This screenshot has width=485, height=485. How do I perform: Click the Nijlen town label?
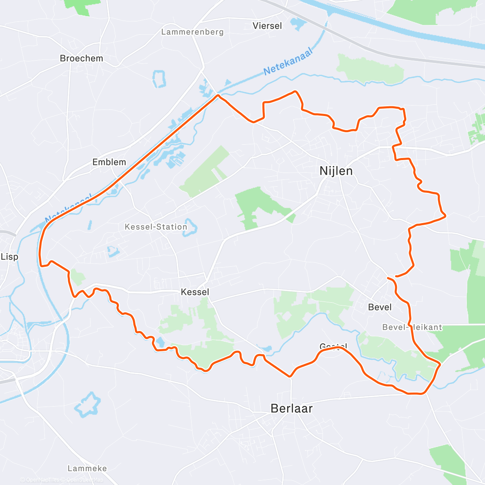coord(336,171)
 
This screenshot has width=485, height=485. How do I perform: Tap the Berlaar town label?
coord(291,408)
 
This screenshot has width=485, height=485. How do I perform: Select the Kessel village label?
coord(195,292)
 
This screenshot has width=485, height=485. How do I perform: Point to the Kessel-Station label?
coord(156,227)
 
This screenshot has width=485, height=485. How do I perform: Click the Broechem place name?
coord(81,58)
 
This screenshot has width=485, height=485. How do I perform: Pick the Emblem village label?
coord(109,162)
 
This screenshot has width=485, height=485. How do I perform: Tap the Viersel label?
coord(267,26)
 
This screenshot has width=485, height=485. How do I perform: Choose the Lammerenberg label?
coord(192,32)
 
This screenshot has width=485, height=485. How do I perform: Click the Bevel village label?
coord(380,307)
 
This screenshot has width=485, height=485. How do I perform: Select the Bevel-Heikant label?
coord(412,327)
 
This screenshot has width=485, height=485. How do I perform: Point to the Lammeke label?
coord(87,468)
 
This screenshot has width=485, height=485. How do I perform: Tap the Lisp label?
coord(9,257)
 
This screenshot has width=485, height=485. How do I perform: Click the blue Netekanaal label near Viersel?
coord(288,62)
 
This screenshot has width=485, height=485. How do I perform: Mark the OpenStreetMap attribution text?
coord(84,480)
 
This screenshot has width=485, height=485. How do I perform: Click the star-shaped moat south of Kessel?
coord(87,404)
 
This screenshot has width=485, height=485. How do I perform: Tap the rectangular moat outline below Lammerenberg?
coord(159,79)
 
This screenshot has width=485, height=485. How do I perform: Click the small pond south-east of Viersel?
coord(298,24)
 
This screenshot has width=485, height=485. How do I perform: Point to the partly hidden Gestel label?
coord(333,346)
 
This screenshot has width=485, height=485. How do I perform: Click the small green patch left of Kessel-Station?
coord(77,277)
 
